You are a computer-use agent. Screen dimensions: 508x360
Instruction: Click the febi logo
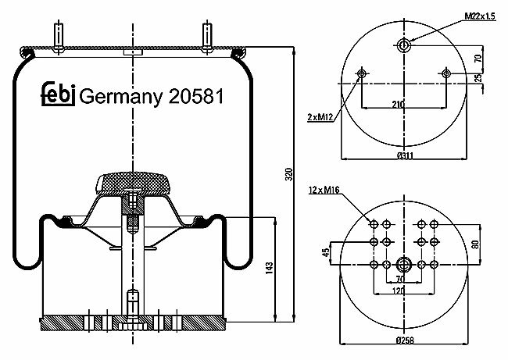59,94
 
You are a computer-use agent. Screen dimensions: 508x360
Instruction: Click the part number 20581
196,97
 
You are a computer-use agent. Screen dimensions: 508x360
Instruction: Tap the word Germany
120,97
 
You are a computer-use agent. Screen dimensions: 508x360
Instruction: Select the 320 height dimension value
289,174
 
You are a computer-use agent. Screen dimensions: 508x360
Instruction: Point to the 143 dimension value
270,269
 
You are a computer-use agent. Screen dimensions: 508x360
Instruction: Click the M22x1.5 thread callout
480,16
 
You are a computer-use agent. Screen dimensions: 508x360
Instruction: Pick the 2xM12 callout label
320,117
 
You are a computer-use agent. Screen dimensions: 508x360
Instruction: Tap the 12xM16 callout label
324,190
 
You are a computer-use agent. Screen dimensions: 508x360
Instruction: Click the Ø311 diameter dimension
405,155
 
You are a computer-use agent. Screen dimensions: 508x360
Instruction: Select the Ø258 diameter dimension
405,340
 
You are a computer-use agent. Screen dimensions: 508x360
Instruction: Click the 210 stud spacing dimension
398,104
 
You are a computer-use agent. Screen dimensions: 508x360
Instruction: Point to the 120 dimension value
399,290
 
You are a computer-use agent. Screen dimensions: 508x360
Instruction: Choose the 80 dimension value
475,244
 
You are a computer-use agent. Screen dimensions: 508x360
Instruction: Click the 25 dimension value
478,77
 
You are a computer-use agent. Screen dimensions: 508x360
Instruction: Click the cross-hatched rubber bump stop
134,184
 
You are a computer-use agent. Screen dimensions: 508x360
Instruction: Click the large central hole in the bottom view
404,265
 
